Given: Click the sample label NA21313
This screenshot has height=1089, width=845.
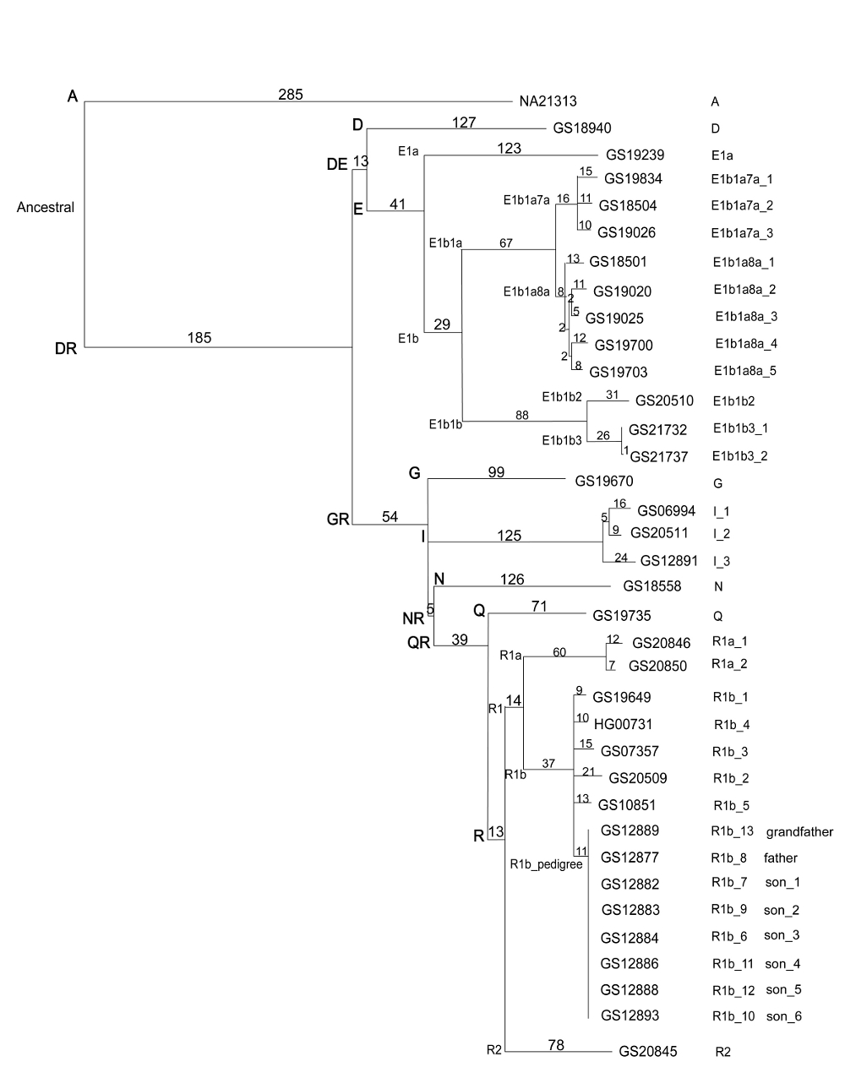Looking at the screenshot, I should coord(548,101).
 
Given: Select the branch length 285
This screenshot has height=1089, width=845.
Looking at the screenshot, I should coord(290,95).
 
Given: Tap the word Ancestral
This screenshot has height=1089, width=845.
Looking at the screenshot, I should coord(46,207).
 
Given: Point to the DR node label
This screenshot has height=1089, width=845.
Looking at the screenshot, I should coord(66,348).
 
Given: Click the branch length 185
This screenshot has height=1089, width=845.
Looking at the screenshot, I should coord(199,338).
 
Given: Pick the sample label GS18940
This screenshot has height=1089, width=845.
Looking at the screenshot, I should coord(582,128).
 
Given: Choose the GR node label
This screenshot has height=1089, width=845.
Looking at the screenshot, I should coord(338,520).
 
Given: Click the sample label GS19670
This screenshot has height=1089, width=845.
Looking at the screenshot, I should coord(604,482).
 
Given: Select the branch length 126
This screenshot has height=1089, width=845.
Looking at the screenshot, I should coord(512,580).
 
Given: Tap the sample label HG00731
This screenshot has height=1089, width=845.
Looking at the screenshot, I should coord(624,724).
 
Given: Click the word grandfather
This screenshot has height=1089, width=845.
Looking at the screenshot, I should coord(799,832).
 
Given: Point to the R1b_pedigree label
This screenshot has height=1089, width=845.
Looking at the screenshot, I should coord(547,864).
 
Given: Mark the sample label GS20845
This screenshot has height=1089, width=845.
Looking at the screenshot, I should coord(648,1052).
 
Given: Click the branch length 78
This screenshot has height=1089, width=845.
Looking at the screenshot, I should coord(555,1045).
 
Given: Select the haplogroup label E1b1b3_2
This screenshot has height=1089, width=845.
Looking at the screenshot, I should coord(739,456).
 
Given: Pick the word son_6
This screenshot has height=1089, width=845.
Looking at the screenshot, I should coord(783,1016).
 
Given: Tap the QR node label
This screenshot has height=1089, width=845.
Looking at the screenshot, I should coord(418,643).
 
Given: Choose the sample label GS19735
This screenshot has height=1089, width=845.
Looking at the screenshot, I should coord(622,616).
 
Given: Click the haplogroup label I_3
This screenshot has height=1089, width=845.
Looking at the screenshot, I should coord(721,561).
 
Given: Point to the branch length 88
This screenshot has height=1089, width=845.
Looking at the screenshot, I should coord(522,414).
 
